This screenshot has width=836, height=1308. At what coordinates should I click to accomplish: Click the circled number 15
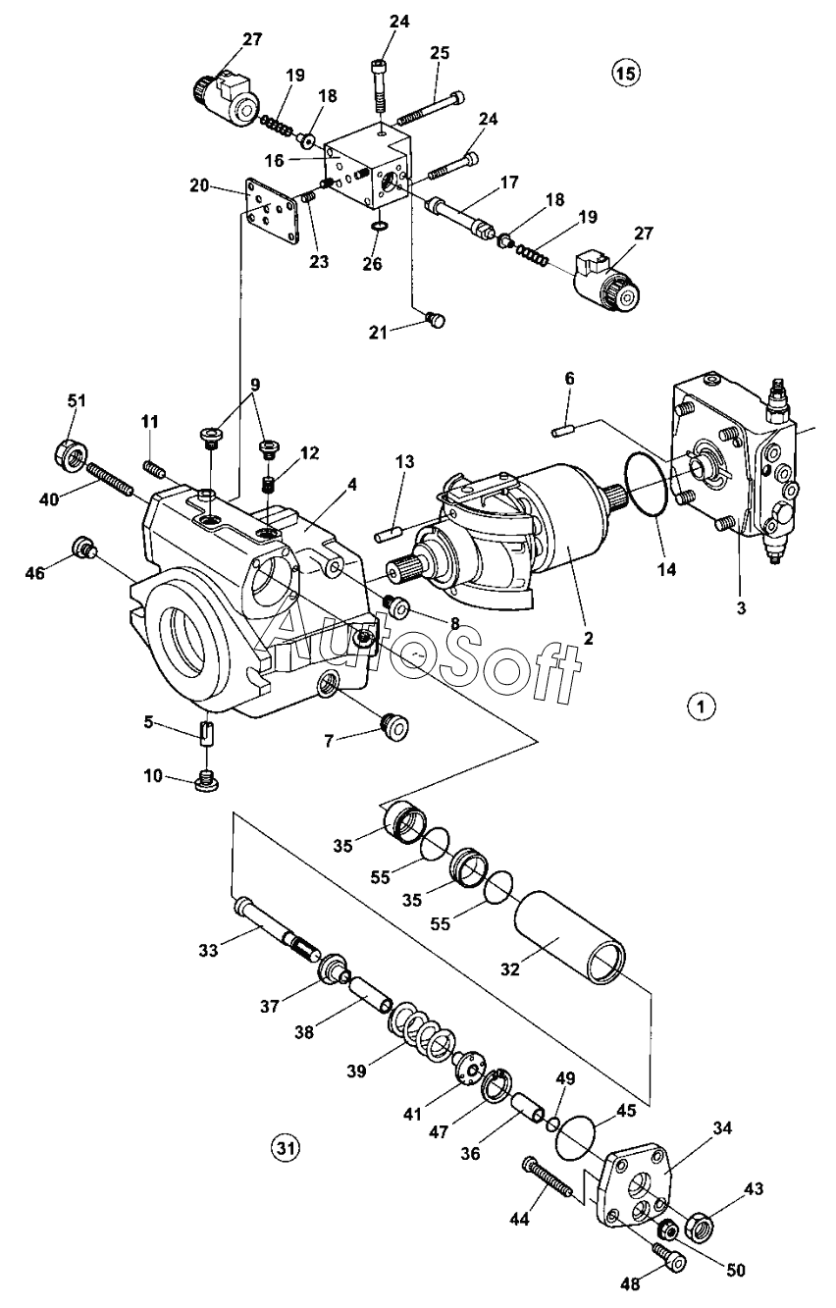(x=625, y=73)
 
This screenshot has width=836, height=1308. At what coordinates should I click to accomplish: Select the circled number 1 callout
(x=702, y=706)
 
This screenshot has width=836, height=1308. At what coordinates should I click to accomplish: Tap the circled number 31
(x=285, y=1149)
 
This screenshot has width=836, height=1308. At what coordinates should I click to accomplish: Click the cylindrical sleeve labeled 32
(x=569, y=936)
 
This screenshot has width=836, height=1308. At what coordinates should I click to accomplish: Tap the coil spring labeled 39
(x=422, y=1033)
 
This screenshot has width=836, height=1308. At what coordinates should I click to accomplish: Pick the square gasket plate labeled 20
(x=271, y=210)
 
